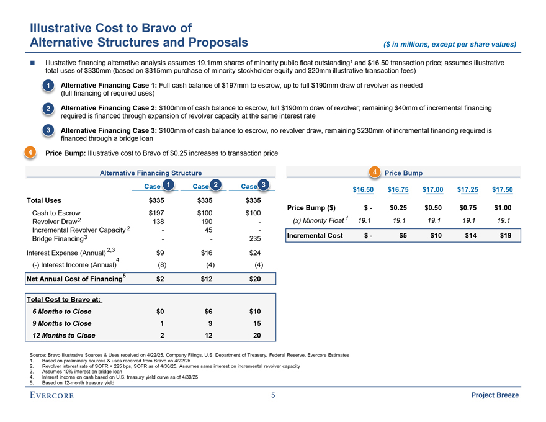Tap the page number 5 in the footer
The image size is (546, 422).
tap(273, 395)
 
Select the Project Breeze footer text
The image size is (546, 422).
tap(495, 395)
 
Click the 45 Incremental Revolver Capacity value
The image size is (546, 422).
tap(208, 230)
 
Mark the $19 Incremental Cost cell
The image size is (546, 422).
tap(506, 235)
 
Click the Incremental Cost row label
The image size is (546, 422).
tap(315, 235)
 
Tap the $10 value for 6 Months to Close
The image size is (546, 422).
tap(254, 311)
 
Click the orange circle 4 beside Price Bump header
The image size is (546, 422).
tap(374, 171)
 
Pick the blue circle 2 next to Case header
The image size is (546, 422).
tap(215, 184)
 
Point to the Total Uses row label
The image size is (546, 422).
tap(43, 200)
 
